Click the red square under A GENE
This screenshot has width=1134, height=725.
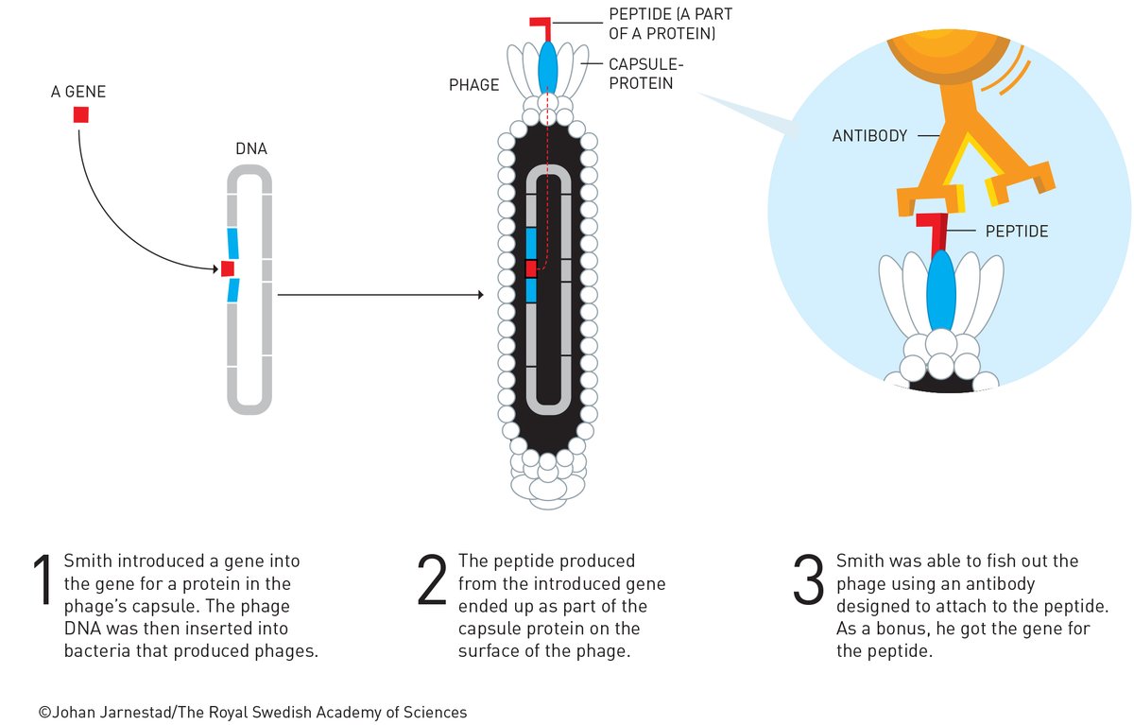(x=81, y=115)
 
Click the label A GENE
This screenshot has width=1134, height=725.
(x=78, y=93)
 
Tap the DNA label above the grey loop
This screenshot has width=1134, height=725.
(x=249, y=150)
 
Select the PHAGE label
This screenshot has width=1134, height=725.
(x=474, y=85)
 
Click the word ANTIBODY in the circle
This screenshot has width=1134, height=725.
(x=869, y=136)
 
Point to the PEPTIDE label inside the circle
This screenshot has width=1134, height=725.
(x=1017, y=231)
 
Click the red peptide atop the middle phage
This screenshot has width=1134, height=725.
(x=542, y=26)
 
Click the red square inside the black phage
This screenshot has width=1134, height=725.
(x=531, y=268)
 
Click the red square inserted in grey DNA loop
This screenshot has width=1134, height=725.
(x=228, y=269)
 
